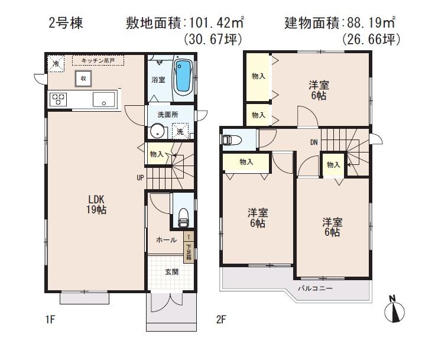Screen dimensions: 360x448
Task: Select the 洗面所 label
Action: (167, 114)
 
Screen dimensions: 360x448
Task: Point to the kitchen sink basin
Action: (104, 99)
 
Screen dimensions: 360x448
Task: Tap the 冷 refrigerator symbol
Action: (56, 63)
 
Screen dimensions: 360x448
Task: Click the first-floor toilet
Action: (183, 216)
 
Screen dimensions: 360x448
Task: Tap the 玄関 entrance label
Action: (171, 272)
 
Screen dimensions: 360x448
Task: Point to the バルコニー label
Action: (315, 288)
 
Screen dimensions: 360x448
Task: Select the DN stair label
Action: (314, 142)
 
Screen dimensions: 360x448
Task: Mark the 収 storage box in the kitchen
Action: (85, 78)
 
